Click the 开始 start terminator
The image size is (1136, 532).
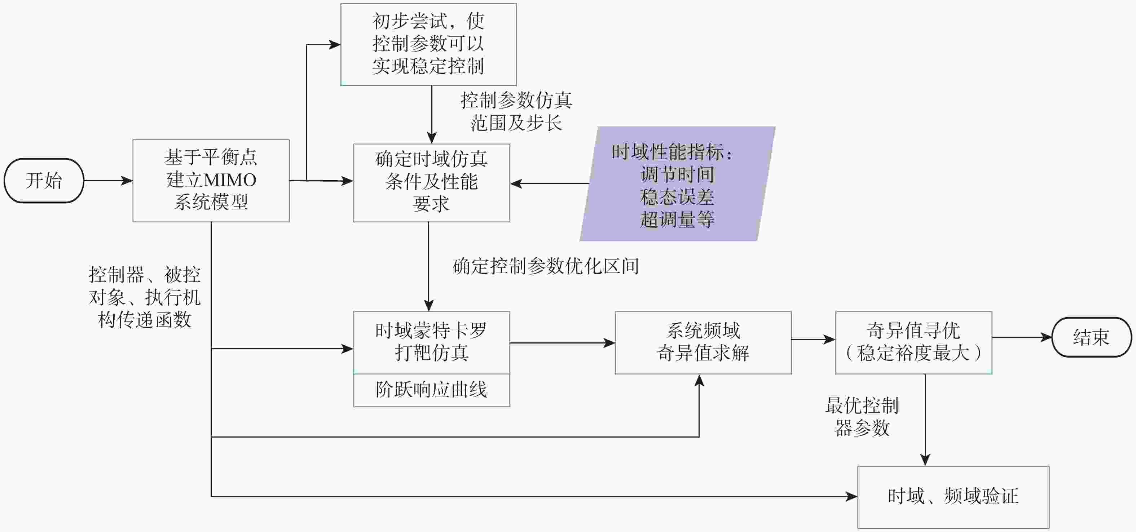44,181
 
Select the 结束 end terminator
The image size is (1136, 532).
1091,337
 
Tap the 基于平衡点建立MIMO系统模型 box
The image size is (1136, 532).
211,181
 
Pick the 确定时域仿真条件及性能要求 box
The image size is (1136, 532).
432,183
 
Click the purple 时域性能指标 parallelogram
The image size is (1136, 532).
677,184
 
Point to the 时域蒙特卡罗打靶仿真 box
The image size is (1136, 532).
432,342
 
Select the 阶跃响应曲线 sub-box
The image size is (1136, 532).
432,390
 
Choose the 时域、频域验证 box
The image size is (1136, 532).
954,497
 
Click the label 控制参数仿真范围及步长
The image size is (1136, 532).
516,111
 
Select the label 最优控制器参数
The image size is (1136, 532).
862,417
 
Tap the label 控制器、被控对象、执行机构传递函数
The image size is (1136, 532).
145,297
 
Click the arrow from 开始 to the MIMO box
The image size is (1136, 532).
109,181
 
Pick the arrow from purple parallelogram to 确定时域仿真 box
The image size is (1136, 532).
550,183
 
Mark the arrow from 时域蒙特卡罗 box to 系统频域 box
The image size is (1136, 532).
563,343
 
